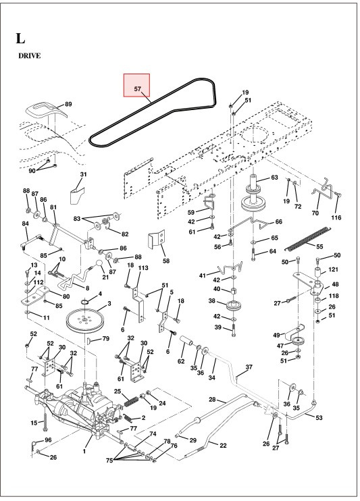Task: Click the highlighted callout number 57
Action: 136,88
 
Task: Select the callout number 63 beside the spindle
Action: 274,178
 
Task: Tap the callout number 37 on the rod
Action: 249,367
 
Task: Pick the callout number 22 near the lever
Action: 222,445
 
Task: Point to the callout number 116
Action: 336,217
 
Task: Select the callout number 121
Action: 333,269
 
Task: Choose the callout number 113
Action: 143,268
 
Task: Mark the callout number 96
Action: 48,440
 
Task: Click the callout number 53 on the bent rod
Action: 318,418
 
